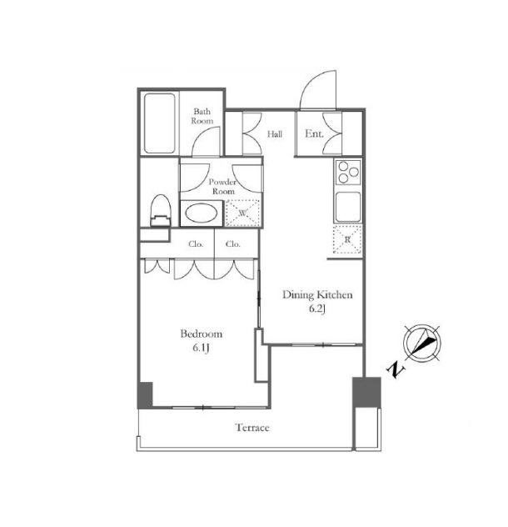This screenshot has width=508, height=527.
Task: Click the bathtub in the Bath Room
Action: coord(160,123)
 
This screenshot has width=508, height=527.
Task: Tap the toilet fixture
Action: coord(161,210)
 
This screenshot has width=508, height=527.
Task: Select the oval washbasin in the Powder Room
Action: coord(202,213)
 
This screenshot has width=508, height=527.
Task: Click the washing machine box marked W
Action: coord(242,213)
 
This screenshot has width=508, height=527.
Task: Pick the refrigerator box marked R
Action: coord(347,239)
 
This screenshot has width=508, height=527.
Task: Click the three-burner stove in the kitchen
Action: coord(348,172)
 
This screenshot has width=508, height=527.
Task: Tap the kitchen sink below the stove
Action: coord(348,207)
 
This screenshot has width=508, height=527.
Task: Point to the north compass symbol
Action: coord(422,344)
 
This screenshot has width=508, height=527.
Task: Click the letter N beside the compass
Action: coord(396,369)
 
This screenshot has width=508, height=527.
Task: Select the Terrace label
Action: coord(252,428)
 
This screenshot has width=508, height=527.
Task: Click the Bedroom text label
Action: coord(202,334)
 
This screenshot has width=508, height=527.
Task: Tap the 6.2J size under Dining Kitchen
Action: coord(317,309)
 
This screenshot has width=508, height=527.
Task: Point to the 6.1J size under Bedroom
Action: coord(201,349)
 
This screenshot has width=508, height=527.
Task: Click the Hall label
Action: coord(275,134)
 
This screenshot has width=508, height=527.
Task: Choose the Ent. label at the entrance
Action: coord(314,133)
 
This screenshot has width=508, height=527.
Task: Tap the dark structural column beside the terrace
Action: coord(366,392)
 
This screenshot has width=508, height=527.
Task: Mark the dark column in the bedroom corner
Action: coord(145,395)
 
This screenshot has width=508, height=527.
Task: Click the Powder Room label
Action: coord(222,187)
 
